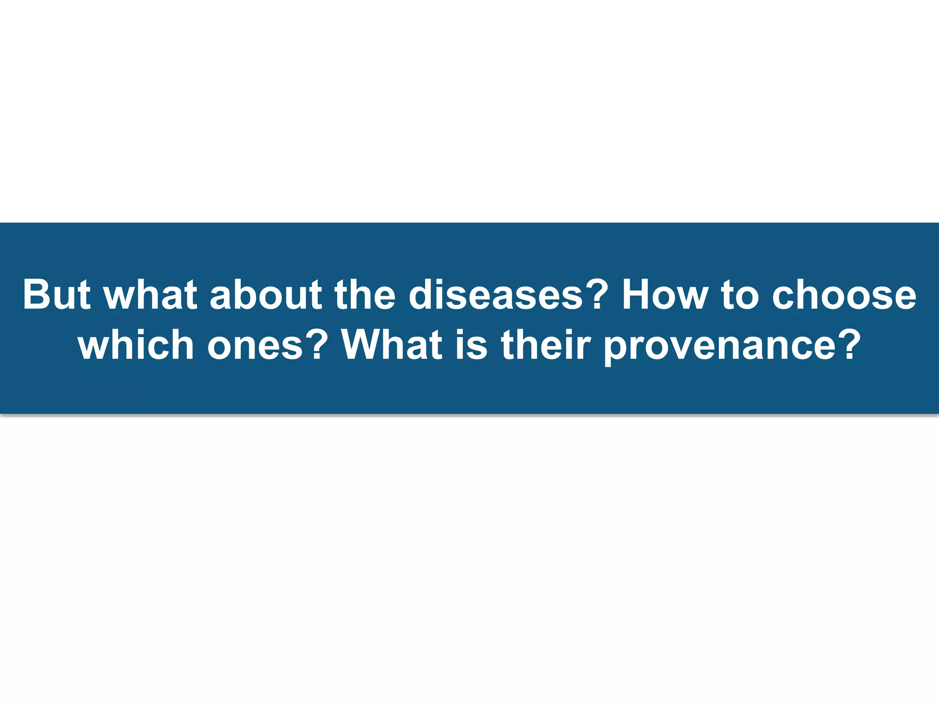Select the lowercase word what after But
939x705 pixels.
(151, 294)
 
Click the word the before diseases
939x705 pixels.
(365, 294)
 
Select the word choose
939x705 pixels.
(844, 294)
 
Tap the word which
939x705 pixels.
(136, 345)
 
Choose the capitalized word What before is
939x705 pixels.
(392, 345)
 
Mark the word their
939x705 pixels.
(543, 345)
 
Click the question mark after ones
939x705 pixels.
(317, 345)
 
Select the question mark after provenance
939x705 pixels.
(849, 345)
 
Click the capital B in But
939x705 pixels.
(37, 294)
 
